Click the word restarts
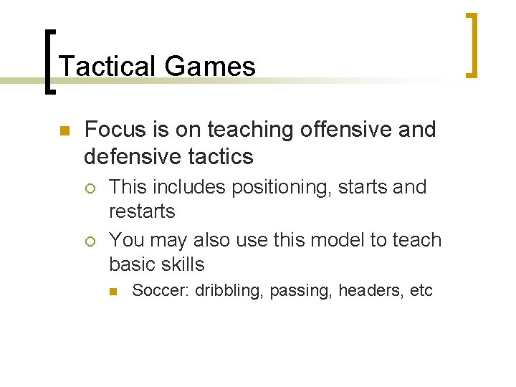coord(142,211)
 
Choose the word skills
coord(181,264)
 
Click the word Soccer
coord(161,291)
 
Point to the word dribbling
coord(229,291)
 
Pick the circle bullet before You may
coord(89,241)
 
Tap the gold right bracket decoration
coord(472,44)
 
